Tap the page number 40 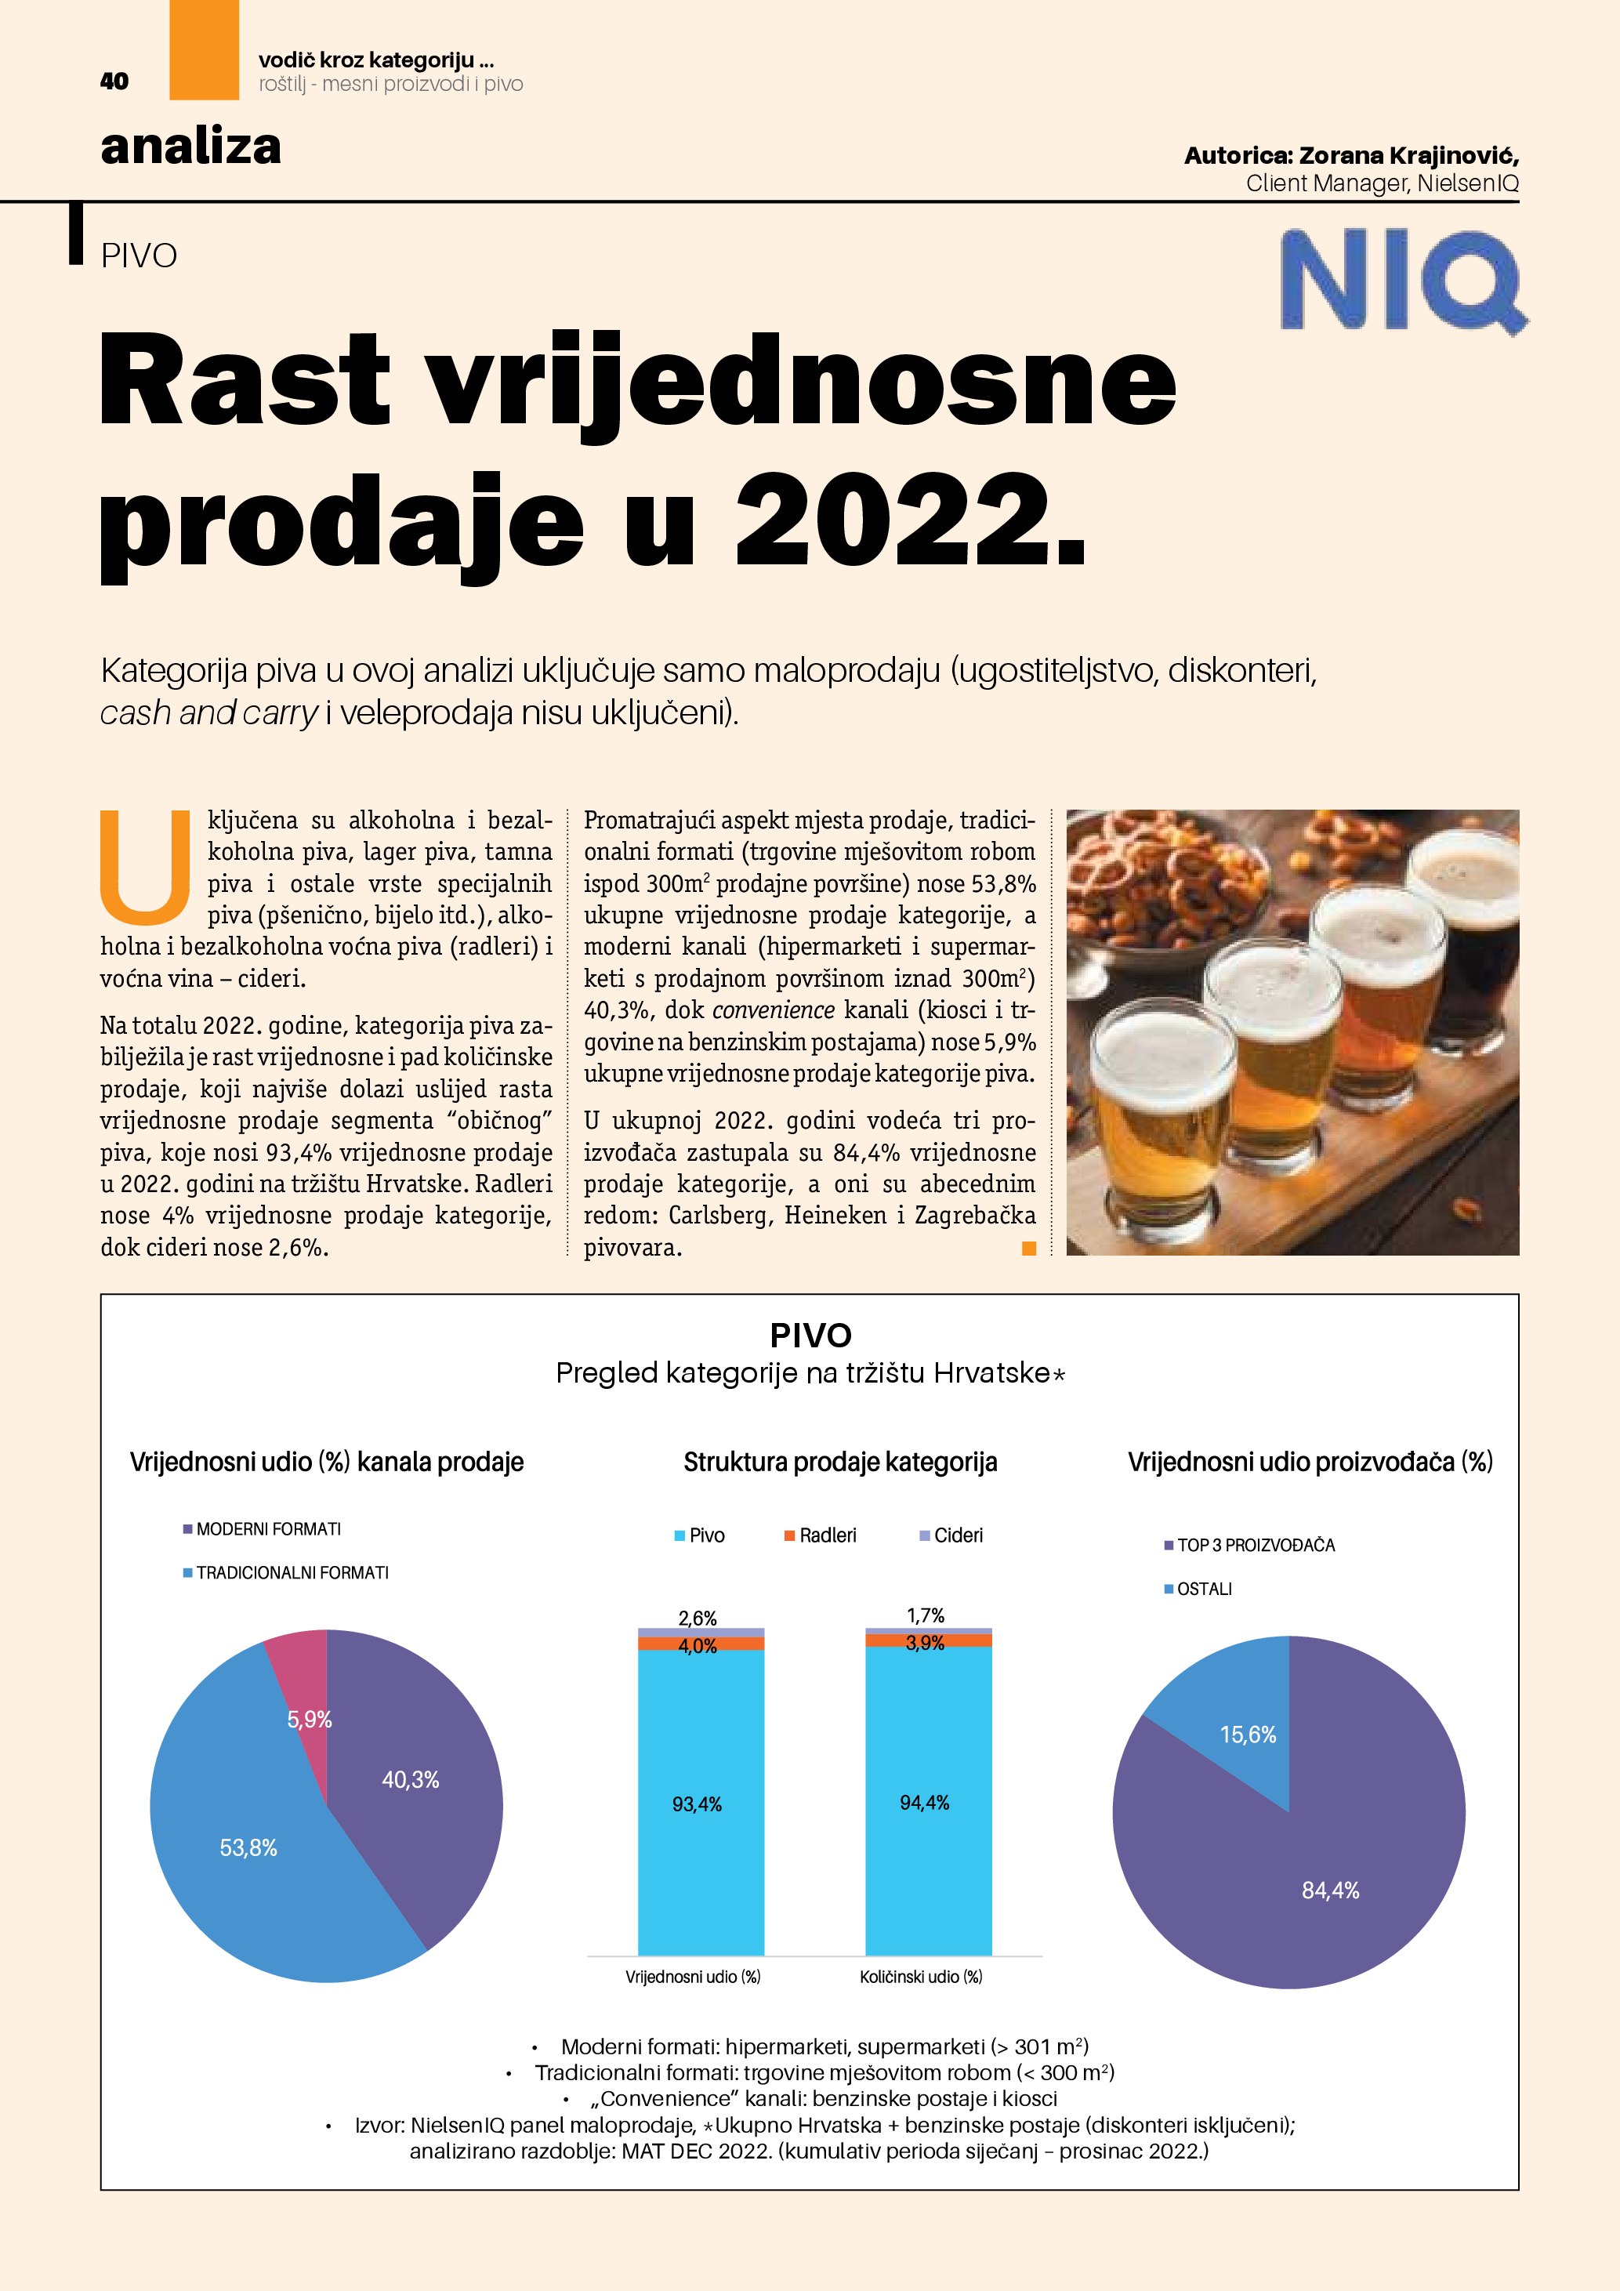click(114, 82)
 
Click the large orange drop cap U click(146, 866)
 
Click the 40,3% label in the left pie click(410, 1779)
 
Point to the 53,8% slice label click(248, 1848)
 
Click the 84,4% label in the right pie click(1330, 1890)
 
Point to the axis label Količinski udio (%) click(921, 1977)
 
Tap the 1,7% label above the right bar click(926, 1615)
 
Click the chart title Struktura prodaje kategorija click(840, 1462)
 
